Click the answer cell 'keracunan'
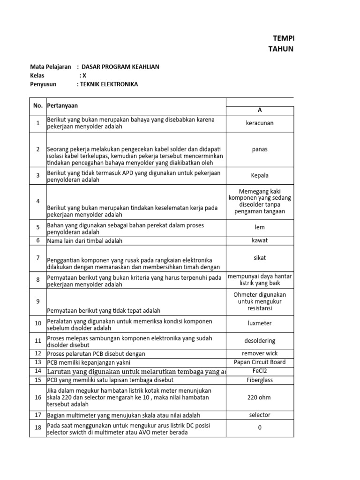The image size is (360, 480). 260,123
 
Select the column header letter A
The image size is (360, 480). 260,110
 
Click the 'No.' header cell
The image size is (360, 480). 38,106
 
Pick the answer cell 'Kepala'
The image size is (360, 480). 260,176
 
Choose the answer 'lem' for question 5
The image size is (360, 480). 260,227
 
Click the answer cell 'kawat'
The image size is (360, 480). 260,240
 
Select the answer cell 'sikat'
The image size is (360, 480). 260,258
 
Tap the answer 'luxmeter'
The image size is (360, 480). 260,323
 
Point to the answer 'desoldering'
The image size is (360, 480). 260,341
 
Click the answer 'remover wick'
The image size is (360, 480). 260,353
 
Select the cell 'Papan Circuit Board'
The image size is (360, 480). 260,362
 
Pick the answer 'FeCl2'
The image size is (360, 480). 260,371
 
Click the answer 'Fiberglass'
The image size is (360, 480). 260,380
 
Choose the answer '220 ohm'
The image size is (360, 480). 260,397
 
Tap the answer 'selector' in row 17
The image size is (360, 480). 260,415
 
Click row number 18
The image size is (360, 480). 38,428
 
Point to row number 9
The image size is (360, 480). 38,301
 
